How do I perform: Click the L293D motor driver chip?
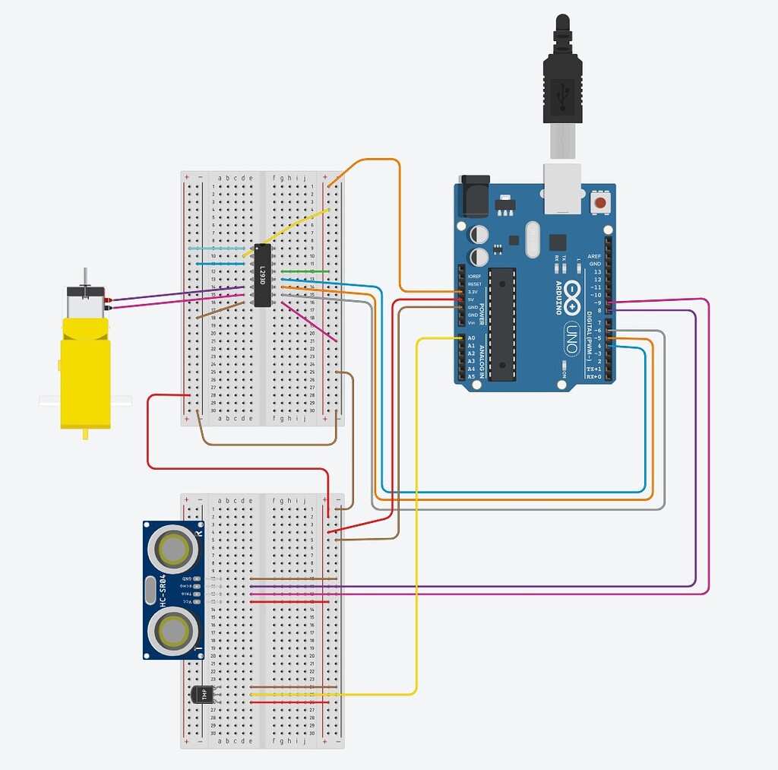261,275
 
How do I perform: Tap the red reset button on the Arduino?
601,203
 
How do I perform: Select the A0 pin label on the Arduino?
471,338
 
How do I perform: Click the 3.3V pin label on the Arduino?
473,292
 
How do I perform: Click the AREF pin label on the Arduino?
594,257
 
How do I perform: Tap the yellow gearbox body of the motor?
85,372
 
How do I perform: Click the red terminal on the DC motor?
110,299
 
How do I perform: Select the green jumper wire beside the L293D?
305,271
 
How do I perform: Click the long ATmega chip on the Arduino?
502,324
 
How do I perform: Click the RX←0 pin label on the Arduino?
593,376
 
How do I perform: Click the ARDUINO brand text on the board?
559,298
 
